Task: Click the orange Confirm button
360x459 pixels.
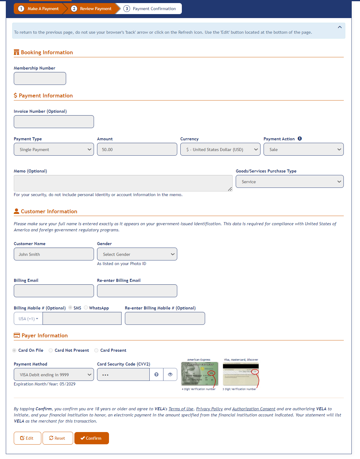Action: pyautogui.click(x=92, y=438)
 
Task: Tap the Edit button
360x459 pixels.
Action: pyautogui.click(x=27, y=438)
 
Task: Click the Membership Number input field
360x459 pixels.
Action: pyautogui.click(x=40, y=78)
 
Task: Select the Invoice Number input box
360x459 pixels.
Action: pyautogui.click(x=54, y=122)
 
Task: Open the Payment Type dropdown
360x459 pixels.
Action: pyautogui.click(x=54, y=150)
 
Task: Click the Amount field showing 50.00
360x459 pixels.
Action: pyautogui.click(x=137, y=150)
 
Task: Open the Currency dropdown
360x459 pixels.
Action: pyautogui.click(x=220, y=150)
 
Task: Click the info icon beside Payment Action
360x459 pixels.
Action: pyautogui.click(x=300, y=138)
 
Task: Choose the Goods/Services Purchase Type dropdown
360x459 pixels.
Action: pyautogui.click(x=289, y=182)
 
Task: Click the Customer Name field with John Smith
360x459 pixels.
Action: pyautogui.click(x=54, y=254)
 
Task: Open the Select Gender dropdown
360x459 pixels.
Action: pyautogui.click(x=137, y=254)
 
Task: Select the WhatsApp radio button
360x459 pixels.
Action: pyautogui.click(x=86, y=308)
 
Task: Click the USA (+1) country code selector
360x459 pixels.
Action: pyautogui.click(x=28, y=319)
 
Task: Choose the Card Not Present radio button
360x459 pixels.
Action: pyautogui.click(x=51, y=350)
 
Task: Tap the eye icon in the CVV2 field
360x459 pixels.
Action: pyautogui.click(x=170, y=374)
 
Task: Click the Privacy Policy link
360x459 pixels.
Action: pyautogui.click(x=209, y=409)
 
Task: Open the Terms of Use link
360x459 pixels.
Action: pyautogui.click(x=181, y=409)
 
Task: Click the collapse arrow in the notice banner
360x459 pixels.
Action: pyautogui.click(x=339, y=27)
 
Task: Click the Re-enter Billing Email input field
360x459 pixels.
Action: pyautogui.click(x=137, y=291)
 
